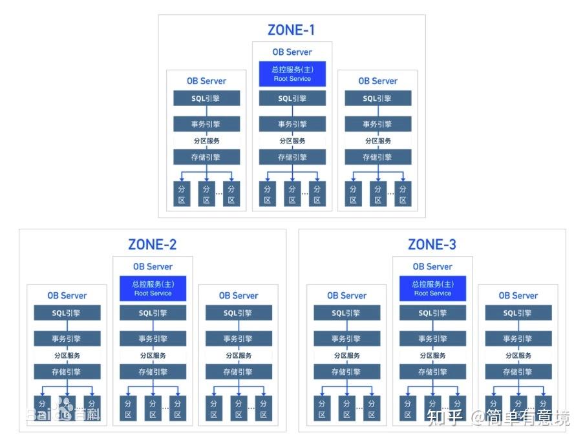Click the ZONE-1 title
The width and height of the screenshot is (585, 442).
(x=292, y=30)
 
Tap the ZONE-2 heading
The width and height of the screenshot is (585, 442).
(x=152, y=244)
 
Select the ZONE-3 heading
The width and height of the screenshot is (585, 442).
(x=432, y=244)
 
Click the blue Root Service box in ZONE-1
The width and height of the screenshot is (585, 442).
(x=292, y=74)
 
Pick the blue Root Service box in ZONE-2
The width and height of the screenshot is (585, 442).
(x=153, y=288)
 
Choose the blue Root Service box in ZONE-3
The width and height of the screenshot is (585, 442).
(x=433, y=288)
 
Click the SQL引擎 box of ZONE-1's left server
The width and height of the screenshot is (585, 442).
(x=207, y=98)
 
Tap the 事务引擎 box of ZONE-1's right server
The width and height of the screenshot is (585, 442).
(x=378, y=124)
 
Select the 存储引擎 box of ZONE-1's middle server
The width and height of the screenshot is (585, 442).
(x=292, y=157)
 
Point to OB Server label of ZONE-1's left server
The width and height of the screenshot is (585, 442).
(x=207, y=81)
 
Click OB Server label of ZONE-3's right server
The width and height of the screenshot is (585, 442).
(x=518, y=296)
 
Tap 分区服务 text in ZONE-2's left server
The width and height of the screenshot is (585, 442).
(x=67, y=355)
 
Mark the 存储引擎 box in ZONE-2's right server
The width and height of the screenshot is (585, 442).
(x=239, y=372)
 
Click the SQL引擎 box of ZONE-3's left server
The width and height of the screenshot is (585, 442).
(x=347, y=313)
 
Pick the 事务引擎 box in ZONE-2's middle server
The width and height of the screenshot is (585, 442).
(x=153, y=339)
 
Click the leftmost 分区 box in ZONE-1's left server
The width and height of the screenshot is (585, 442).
(x=182, y=194)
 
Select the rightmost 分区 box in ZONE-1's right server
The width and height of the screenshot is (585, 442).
(x=403, y=194)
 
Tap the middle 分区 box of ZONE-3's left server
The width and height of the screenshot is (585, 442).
(x=347, y=408)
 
